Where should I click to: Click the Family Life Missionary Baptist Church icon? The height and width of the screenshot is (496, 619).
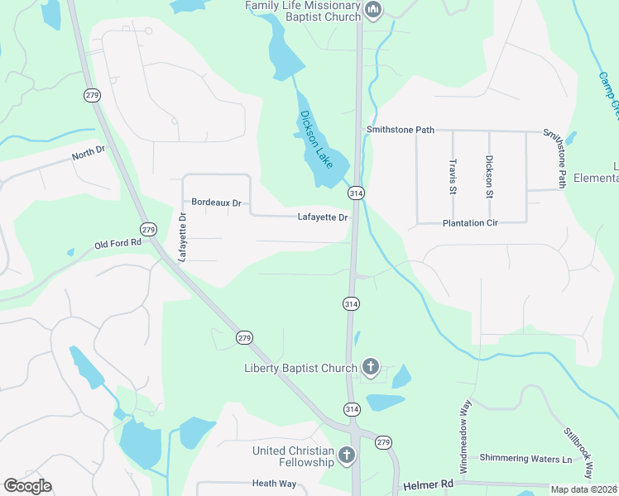click(x=373, y=11)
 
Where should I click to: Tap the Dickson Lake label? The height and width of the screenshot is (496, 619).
click(x=316, y=140)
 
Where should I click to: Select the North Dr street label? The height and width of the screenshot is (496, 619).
click(x=89, y=152)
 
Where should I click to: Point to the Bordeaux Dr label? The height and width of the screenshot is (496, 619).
click(x=216, y=203)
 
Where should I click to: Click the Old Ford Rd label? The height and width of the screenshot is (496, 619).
click(x=118, y=245)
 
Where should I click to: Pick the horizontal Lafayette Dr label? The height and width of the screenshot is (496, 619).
click(x=324, y=217)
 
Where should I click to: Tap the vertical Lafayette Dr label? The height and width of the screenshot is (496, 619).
click(x=183, y=237)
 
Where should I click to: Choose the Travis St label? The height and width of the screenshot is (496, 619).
click(x=453, y=178)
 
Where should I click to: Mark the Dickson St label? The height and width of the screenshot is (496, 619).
click(x=489, y=177)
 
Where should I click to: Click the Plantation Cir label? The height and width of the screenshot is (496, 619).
click(x=470, y=223)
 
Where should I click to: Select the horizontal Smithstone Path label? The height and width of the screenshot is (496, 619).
click(x=401, y=130)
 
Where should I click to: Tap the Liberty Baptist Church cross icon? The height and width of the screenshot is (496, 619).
click(x=371, y=367)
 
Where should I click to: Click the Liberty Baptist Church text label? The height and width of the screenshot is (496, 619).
click(x=300, y=368)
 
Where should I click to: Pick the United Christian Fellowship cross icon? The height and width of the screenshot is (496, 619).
click(x=347, y=455)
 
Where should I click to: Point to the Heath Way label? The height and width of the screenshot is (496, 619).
click(x=275, y=484)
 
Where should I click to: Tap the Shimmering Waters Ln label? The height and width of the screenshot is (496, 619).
click(x=526, y=459)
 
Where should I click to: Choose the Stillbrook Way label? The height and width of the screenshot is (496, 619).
click(x=578, y=454)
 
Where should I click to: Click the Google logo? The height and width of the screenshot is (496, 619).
click(x=27, y=486)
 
